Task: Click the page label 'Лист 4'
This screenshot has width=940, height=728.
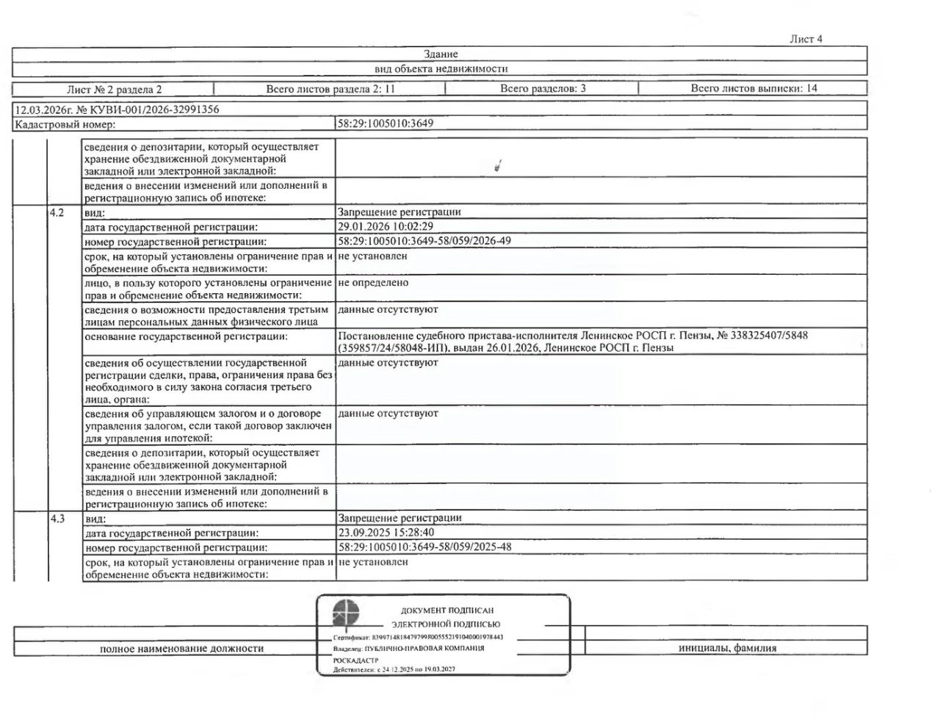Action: pyautogui.click(x=806, y=39)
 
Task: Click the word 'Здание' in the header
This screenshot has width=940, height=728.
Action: pyautogui.click(x=441, y=54)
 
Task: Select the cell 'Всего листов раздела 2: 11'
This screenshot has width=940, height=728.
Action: pyautogui.click(x=330, y=89)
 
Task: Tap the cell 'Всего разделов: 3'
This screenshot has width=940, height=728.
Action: pyautogui.click(x=543, y=89)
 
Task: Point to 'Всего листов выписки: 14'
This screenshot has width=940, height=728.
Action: pyautogui.click(x=753, y=89)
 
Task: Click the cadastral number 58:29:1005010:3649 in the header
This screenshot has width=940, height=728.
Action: pyautogui.click(x=386, y=123)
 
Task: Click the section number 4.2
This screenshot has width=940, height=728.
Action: pyautogui.click(x=57, y=212)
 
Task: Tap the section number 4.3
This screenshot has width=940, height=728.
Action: pyautogui.click(x=57, y=519)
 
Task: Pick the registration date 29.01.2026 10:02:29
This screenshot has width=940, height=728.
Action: pyautogui.click(x=386, y=226)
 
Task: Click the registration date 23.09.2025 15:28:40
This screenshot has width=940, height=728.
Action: pyautogui.click(x=386, y=533)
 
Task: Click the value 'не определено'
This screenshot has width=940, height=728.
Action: pyautogui.click(x=373, y=283)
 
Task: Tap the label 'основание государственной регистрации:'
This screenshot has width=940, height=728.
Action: pyautogui.click(x=185, y=336)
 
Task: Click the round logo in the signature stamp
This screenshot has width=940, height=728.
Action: pyautogui.click(x=346, y=613)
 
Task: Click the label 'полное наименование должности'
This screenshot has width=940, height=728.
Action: pyautogui.click(x=181, y=648)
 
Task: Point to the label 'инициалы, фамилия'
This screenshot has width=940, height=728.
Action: pyautogui.click(x=727, y=648)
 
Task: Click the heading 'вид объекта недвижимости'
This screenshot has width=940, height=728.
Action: pyautogui.click(x=441, y=69)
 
